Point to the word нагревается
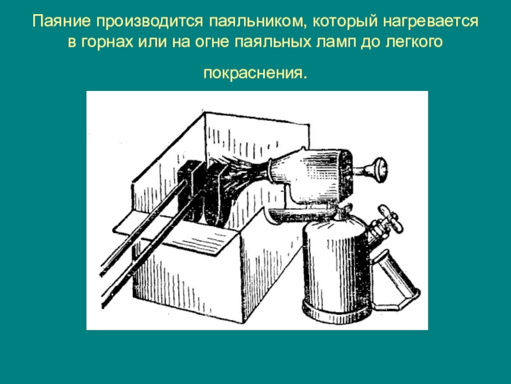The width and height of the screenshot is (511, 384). pyautogui.click(x=430, y=22)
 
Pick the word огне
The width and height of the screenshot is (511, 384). pyautogui.click(x=212, y=42)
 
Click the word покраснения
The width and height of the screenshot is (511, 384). pyautogui.click(x=255, y=73)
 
